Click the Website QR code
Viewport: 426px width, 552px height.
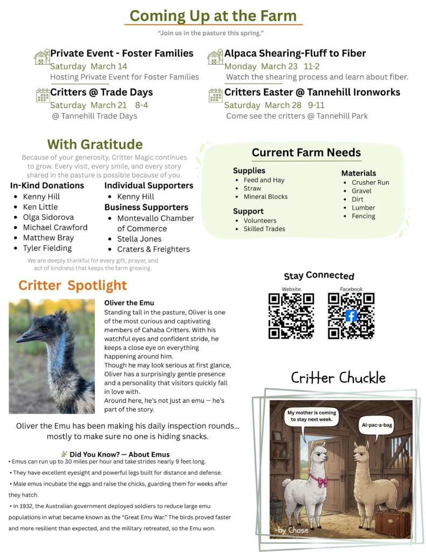pyautogui.click(x=291, y=316)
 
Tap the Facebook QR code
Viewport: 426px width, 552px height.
pyautogui.click(x=351, y=316)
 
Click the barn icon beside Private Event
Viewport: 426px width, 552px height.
pyautogui.click(x=41, y=57)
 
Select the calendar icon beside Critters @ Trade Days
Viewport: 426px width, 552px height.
pyautogui.click(x=43, y=96)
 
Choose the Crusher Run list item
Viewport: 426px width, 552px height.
pyautogui.click(x=370, y=182)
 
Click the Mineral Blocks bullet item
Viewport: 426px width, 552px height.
pyautogui.click(x=266, y=197)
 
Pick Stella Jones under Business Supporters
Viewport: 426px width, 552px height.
pyautogui.click(x=139, y=239)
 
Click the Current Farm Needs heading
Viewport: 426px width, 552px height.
pyautogui.click(x=306, y=153)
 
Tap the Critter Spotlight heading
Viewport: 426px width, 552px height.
pyautogui.click(x=73, y=285)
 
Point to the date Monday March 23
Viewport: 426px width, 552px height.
pyautogui.click(x=261, y=66)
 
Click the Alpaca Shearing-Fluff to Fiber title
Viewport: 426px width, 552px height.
pyautogui.click(x=295, y=53)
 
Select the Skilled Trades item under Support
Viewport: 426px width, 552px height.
pyautogui.click(x=264, y=229)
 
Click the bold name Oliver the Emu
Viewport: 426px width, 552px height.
pyautogui.click(x=129, y=303)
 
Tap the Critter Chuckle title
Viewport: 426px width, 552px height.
pyautogui.click(x=338, y=377)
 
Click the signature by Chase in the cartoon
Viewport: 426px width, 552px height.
pyautogui.click(x=292, y=530)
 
